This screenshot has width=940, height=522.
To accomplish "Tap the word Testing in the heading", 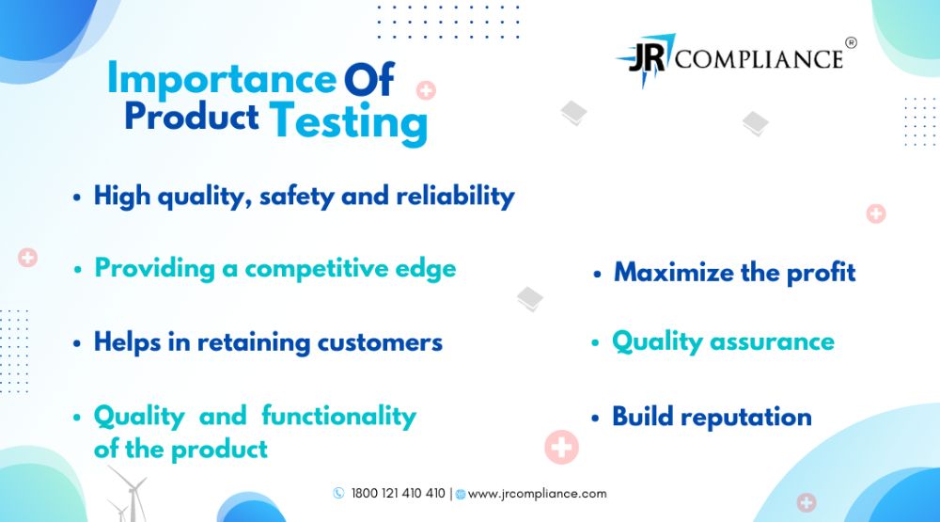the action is [x=349, y=122].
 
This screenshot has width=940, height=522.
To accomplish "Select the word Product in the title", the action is [x=191, y=116].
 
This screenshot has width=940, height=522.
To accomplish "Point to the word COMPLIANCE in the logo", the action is [x=759, y=59].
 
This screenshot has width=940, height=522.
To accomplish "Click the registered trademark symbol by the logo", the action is [x=851, y=42].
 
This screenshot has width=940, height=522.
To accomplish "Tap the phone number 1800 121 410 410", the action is [x=398, y=493].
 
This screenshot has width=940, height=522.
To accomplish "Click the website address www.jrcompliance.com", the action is [x=537, y=494].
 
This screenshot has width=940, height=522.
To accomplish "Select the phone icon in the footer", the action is [x=338, y=493].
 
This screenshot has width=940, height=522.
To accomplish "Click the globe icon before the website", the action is [x=461, y=495].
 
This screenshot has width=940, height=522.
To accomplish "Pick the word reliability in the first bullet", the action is [x=456, y=197].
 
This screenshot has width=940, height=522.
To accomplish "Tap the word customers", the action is [x=380, y=342].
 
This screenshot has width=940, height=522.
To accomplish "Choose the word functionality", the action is [x=338, y=417].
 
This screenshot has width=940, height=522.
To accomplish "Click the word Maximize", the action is [x=674, y=273].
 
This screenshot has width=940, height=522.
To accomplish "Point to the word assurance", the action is [x=772, y=342].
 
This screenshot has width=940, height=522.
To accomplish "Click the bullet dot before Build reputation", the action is [x=595, y=419].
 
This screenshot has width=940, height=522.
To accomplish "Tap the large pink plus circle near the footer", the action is [x=562, y=447].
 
